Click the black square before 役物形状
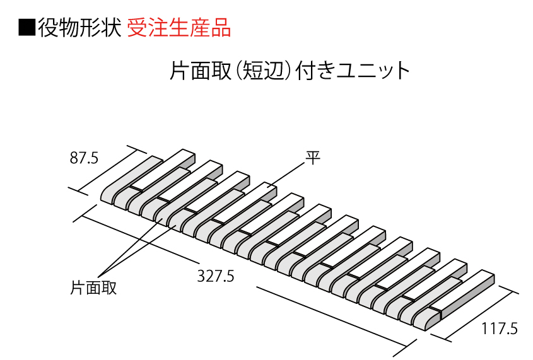tap(27, 28)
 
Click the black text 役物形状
tap(79, 28)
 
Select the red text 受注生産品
tap(179, 28)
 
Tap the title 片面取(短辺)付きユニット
tap(290, 71)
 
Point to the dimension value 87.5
tap(84, 158)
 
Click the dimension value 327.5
tap(216, 276)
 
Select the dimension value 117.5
tap(500, 328)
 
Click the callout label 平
tap(313, 158)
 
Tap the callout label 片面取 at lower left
tap(93, 288)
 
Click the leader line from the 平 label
tap(286, 175)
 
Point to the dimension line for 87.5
tap(107, 170)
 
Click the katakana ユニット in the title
tap(373, 71)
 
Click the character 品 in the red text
tap(221, 28)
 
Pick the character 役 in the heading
tap(47, 28)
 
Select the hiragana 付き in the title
tap(315, 71)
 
